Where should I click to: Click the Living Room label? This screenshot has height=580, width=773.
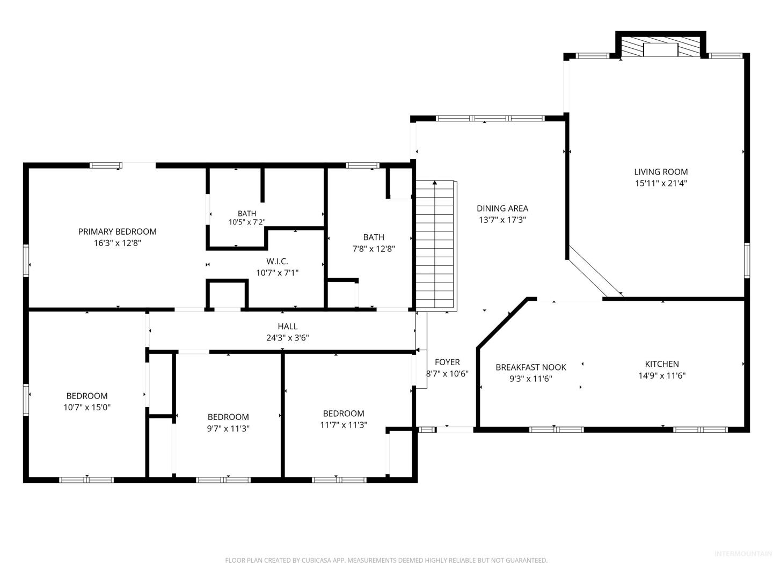pyautogui.click(x=661, y=172)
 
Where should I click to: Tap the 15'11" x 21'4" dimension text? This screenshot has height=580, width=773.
pyautogui.click(x=661, y=183)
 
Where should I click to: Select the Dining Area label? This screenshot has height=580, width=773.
pyautogui.click(x=502, y=208)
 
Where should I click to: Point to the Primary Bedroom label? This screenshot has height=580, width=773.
pyautogui.click(x=117, y=231)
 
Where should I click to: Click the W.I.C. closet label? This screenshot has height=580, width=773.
pyautogui.click(x=277, y=262)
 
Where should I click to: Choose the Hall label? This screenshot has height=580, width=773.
pyautogui.click(x=287, y=327)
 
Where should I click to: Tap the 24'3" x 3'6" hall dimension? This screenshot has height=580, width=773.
pyautogui.click(x=287, y=338)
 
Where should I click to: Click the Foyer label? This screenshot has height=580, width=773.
pyautogui.click(x=447, y=362)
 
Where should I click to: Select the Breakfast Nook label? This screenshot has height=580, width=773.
pyautogui.click(x=531, y=367)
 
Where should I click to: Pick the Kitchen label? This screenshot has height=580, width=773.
pyautogui.click(x=662, y=364)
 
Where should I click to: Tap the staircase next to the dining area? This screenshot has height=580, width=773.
pyautogui.click(x=436, y=246)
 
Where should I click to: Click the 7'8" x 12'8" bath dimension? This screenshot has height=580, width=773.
pyautogui.click(x=374, y=249)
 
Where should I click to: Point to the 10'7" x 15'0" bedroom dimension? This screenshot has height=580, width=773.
pyautogui.click(x=87, y=407)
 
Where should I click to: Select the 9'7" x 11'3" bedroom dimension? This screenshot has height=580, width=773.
pyautogui.click(x=228, y=428)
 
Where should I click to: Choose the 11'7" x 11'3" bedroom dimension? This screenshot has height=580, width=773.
pyautogui.click(x=344, y=425)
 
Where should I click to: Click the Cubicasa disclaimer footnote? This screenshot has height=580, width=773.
pyautogui.click(x=386, y=560)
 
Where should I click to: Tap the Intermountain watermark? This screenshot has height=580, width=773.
pyautogui.click(x=743, y=554)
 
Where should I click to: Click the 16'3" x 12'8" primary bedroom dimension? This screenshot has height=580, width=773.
pyautogui.click(x=117, y=243)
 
